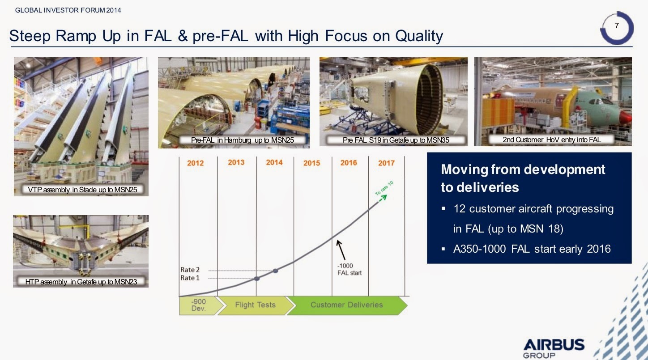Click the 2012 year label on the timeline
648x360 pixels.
[x=195, y=163]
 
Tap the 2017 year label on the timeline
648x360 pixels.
[x=386, y=163]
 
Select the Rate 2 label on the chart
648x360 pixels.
[x=190, y=270]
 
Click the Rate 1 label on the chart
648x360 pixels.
[x=190, y=278]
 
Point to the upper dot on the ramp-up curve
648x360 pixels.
[x=275, y=271]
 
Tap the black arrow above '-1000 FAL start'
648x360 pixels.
[x=341, y=250]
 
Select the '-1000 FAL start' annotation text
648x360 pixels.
[x=349, y=269]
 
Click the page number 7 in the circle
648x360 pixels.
[x=617, y=26]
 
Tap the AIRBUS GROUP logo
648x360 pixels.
[x=554, y=348]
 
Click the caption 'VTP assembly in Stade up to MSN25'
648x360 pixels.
[x=82, y=190]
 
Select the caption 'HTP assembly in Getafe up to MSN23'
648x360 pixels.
[x=81, y=282]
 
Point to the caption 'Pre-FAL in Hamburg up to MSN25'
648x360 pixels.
[x=243, y=140]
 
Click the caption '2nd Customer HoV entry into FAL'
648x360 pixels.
[x=552, y=140]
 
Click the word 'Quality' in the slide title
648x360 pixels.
[x=419, y=36]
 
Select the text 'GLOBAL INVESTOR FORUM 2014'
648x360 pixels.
[x=68, y=10]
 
